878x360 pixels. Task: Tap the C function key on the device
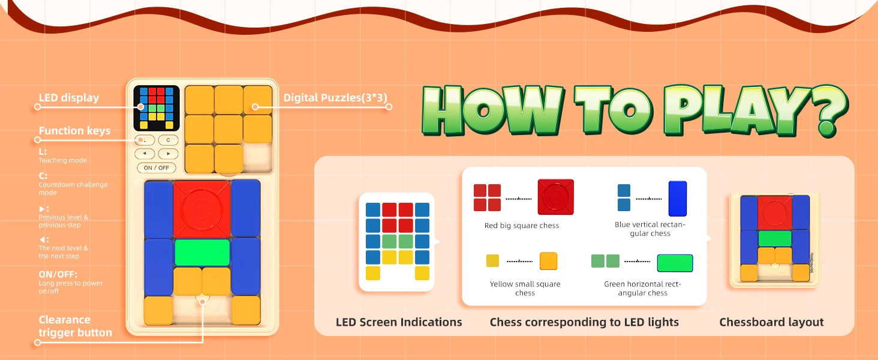coord(168,140)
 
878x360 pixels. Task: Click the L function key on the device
coord(145,140)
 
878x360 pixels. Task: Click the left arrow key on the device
coord(145,154)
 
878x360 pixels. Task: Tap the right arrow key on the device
coord(168,154)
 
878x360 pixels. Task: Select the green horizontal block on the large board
coord(202,253)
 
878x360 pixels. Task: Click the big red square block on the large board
coord(202,209)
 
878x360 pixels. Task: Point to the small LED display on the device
coord(157,108)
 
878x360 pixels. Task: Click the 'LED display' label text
coord(69,98)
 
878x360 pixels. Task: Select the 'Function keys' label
coord(74,131)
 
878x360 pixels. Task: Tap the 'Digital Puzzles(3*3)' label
coord(335,98)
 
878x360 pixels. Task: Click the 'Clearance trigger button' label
coord(75,326)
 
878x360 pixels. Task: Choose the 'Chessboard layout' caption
coord(771,322)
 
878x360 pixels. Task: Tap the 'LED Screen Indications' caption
coord(399,322)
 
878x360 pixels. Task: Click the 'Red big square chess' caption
coord(522,226)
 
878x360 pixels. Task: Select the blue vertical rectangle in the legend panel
coord(678,199)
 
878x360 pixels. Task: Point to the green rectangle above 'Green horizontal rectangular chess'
coord(675,263)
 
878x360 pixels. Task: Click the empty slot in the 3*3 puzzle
coord(257,158)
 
